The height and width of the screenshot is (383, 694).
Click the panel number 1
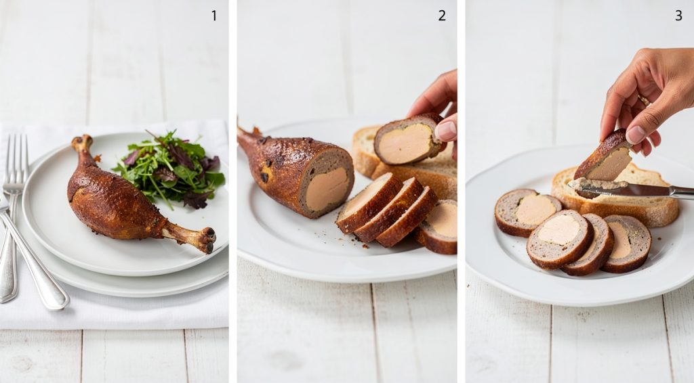coord(214,16)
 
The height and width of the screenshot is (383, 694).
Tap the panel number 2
coord(442,16)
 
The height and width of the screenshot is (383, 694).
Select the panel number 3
coord(678,16)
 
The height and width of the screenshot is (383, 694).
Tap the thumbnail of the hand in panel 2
coord(446,130)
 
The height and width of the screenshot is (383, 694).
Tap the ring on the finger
coord(642,100)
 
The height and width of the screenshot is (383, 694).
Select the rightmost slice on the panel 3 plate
coord(627,244)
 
